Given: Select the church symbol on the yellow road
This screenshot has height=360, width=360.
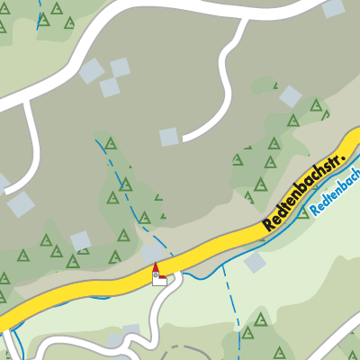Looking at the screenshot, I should coord(157,274).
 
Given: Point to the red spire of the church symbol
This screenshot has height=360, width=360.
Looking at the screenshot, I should coord(156,267).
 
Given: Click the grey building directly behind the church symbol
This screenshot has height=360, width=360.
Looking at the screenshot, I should coord(151,255).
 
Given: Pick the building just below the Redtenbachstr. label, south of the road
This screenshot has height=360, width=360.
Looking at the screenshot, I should coord(255,262).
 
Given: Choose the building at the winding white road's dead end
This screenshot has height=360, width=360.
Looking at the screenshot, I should coord(169,137).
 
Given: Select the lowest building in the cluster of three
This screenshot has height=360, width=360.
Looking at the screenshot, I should coord(110,87).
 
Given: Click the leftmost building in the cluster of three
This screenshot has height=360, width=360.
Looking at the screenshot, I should coord(91,71).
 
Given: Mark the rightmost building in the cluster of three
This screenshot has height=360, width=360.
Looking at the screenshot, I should coord(120,67).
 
